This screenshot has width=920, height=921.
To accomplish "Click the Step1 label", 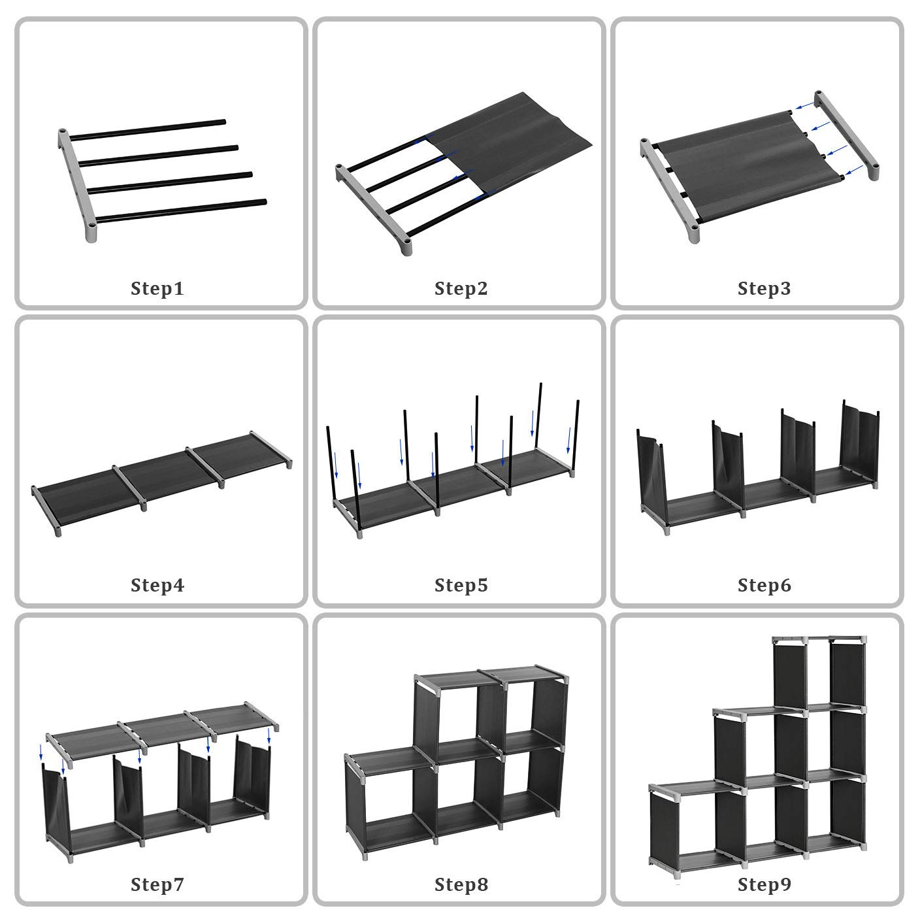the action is click(157, 289).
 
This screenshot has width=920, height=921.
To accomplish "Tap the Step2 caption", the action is click(461, 289).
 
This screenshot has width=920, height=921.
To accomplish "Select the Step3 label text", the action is click(764, 289).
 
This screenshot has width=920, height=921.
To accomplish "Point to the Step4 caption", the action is click(157, 586).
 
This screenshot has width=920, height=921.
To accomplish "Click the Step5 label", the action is click(461, 586).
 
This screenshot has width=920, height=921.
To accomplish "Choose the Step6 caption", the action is click(764, 586).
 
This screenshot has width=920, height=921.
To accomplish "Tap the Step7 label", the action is click(157, 884).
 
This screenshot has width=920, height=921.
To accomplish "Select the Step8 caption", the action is click(461, 884).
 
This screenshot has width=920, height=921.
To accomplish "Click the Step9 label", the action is click(764, 884).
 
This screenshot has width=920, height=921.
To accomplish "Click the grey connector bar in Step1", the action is click(77, 186).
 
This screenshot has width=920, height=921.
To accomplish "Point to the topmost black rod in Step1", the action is click(148, 129).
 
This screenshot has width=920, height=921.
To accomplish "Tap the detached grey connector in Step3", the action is click(846, 136).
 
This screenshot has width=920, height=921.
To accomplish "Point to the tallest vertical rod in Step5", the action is click(538, 416).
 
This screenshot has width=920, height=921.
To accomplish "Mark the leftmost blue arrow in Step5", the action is click(336, 465).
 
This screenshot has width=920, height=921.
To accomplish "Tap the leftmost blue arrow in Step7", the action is click(41, 752).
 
